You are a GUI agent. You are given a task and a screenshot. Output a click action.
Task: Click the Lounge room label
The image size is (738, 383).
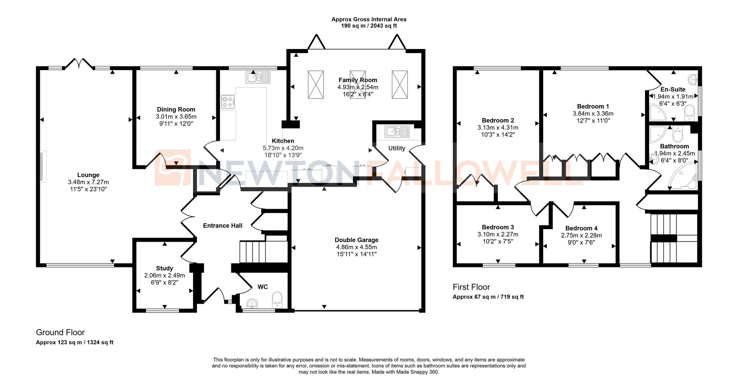88,175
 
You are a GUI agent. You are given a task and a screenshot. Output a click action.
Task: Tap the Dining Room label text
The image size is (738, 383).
176,109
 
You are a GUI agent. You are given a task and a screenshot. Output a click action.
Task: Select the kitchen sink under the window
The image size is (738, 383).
258,77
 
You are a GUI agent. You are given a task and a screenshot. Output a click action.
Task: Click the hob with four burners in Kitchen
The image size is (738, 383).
228,101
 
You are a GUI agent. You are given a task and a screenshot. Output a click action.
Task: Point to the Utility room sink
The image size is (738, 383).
397,131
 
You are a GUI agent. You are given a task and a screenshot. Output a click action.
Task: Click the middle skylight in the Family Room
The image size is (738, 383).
358,84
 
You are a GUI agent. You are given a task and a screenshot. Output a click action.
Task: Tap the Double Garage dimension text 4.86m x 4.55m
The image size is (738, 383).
356,247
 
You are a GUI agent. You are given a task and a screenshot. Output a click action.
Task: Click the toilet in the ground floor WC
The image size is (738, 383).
277,300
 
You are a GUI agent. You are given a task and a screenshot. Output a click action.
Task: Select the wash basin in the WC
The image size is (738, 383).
252,303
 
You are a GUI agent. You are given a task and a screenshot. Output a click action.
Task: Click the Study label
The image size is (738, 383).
165,268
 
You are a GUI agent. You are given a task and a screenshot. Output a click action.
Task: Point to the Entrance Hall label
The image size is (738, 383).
223,225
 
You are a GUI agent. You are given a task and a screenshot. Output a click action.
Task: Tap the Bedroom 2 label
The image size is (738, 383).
498,120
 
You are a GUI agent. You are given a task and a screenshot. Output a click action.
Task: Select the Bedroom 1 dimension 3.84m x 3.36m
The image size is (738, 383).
593,114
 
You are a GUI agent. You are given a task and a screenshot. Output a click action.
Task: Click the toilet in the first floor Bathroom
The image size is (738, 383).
678,134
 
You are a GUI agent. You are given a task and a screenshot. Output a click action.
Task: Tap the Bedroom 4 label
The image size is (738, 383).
581,228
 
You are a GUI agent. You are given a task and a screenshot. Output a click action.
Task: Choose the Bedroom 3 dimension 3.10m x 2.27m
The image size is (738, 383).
498,234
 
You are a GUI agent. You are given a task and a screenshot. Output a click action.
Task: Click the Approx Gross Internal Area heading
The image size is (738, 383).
369,19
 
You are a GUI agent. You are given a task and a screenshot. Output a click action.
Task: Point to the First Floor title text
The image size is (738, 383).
471,287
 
